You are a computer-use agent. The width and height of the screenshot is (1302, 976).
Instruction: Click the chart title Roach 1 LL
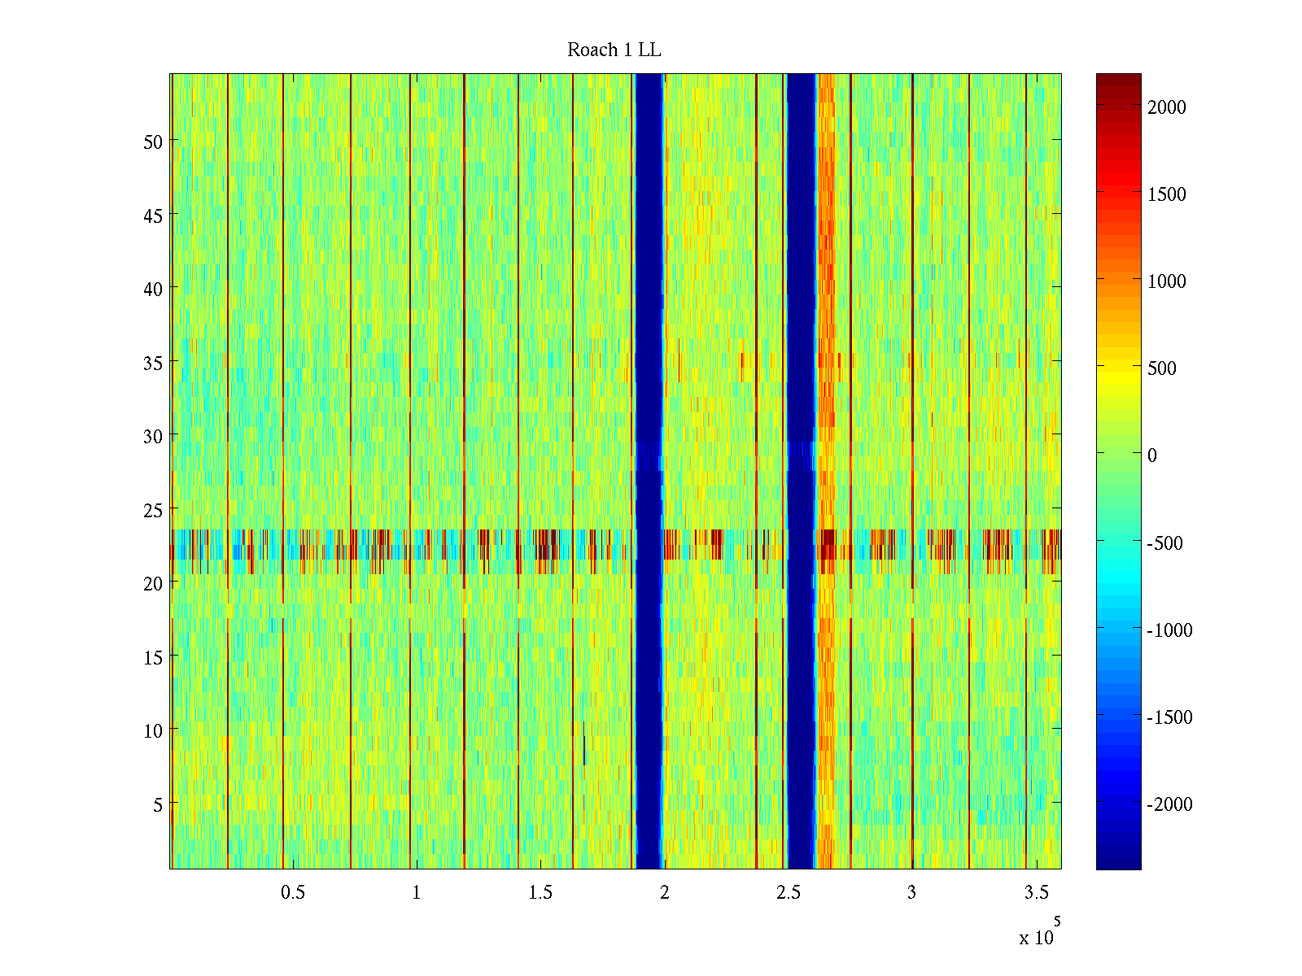point(614,50)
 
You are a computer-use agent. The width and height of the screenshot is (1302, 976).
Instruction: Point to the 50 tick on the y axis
point(153,142)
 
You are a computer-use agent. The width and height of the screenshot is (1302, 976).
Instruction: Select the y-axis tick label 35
point(153,363)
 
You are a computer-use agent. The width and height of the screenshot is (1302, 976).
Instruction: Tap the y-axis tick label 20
point(153,583)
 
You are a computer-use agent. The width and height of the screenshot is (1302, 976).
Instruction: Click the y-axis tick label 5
point(158,804)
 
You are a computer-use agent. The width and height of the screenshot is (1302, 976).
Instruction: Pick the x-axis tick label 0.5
point(293,893)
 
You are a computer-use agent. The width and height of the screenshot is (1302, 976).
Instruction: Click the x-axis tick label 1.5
point(540,893)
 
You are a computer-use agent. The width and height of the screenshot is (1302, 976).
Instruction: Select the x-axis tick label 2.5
point(789,893)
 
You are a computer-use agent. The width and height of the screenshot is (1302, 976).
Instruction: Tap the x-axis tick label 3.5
point(1036,893)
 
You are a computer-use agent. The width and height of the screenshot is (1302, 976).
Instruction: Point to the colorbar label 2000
point(1167,107)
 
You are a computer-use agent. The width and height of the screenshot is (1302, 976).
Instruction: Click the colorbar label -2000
point(1169,804)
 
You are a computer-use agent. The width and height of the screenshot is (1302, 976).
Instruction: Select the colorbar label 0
point(1152,455)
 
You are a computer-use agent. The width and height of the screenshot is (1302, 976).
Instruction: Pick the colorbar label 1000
point(1167,281)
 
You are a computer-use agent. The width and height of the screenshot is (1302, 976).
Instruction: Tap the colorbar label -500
point(1164,543)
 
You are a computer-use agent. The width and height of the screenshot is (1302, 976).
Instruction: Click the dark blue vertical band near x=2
point(649,472)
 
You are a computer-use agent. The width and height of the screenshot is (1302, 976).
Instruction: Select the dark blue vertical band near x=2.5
point(801,472)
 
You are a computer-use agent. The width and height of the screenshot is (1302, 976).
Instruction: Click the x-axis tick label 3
point(911,893)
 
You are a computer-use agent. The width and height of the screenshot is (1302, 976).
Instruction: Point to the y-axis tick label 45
point(153,216)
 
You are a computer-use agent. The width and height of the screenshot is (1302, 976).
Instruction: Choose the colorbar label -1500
point(1169,717)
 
